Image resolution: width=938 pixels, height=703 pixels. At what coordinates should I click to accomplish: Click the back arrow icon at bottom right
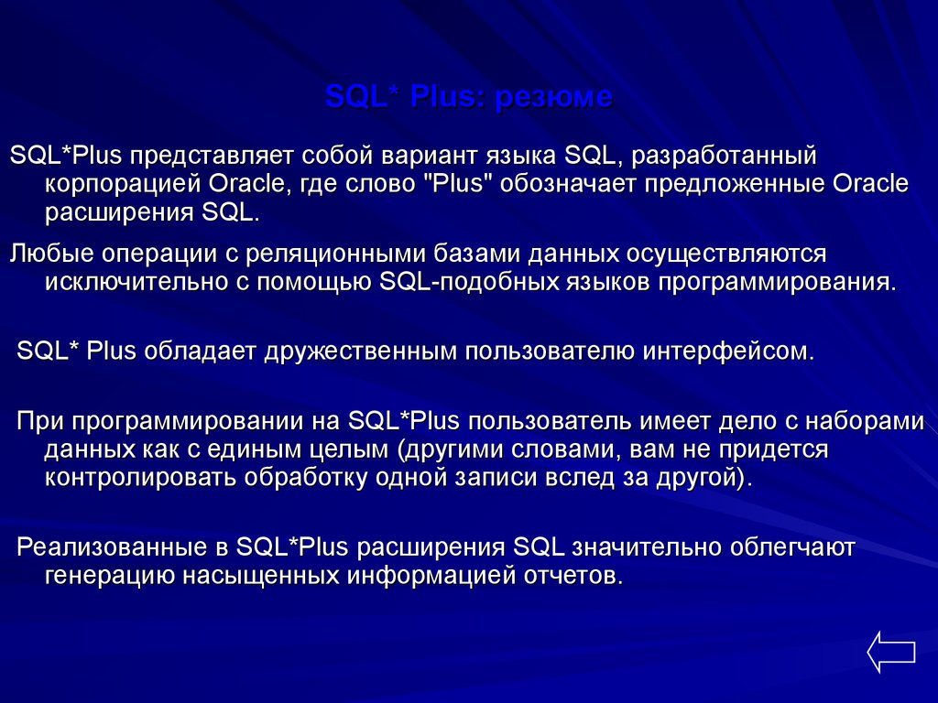pos(890,652)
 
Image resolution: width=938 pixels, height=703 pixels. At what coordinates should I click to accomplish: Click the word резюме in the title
pos(553,97)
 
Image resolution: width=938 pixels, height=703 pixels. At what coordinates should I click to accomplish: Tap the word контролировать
pos(139,478)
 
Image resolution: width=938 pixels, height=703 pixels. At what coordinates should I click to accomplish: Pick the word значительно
pos(647,547)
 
